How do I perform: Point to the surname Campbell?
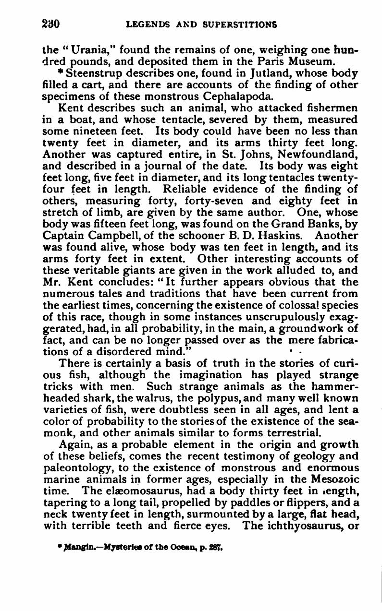click(x=111, y=236)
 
